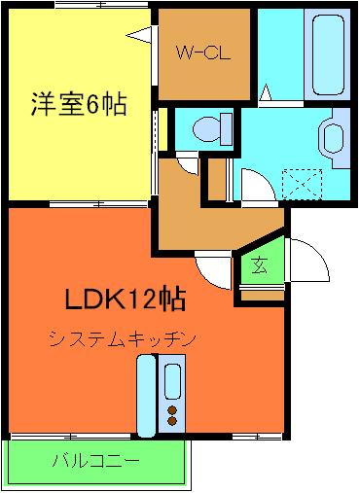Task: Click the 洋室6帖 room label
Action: (x=79, y=105)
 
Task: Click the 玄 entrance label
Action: (x=262, y=264)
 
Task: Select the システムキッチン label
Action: (x=123, y=338)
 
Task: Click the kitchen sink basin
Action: (x=174, y=380)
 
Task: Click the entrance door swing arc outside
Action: (x=308, y=258)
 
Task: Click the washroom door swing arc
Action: (x=251, y=180)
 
